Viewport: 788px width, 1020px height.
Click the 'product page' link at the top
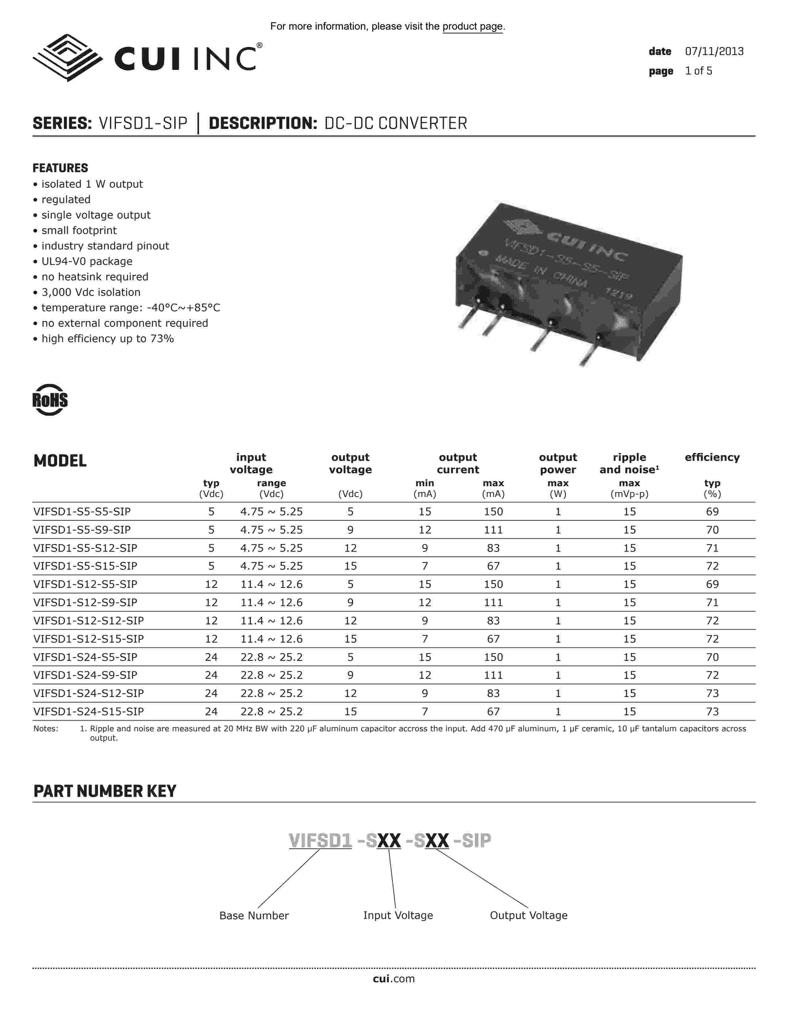472,27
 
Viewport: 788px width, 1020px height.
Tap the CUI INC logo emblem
68,58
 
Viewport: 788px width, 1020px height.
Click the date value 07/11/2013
714,51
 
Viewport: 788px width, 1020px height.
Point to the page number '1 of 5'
698,71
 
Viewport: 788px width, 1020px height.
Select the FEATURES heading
60,168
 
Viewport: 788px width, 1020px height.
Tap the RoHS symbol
50,400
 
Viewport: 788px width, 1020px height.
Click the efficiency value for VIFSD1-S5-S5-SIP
712,512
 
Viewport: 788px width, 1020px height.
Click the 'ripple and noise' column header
629,463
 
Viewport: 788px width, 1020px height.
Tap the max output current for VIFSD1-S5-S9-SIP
493,530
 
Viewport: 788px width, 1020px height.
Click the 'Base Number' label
254,916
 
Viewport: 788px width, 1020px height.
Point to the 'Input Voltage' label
398,916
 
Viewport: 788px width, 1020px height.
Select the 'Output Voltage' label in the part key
528,916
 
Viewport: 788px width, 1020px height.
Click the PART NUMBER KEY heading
105,791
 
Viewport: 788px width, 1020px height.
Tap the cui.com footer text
393,979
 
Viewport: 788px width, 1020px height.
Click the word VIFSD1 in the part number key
320,841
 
